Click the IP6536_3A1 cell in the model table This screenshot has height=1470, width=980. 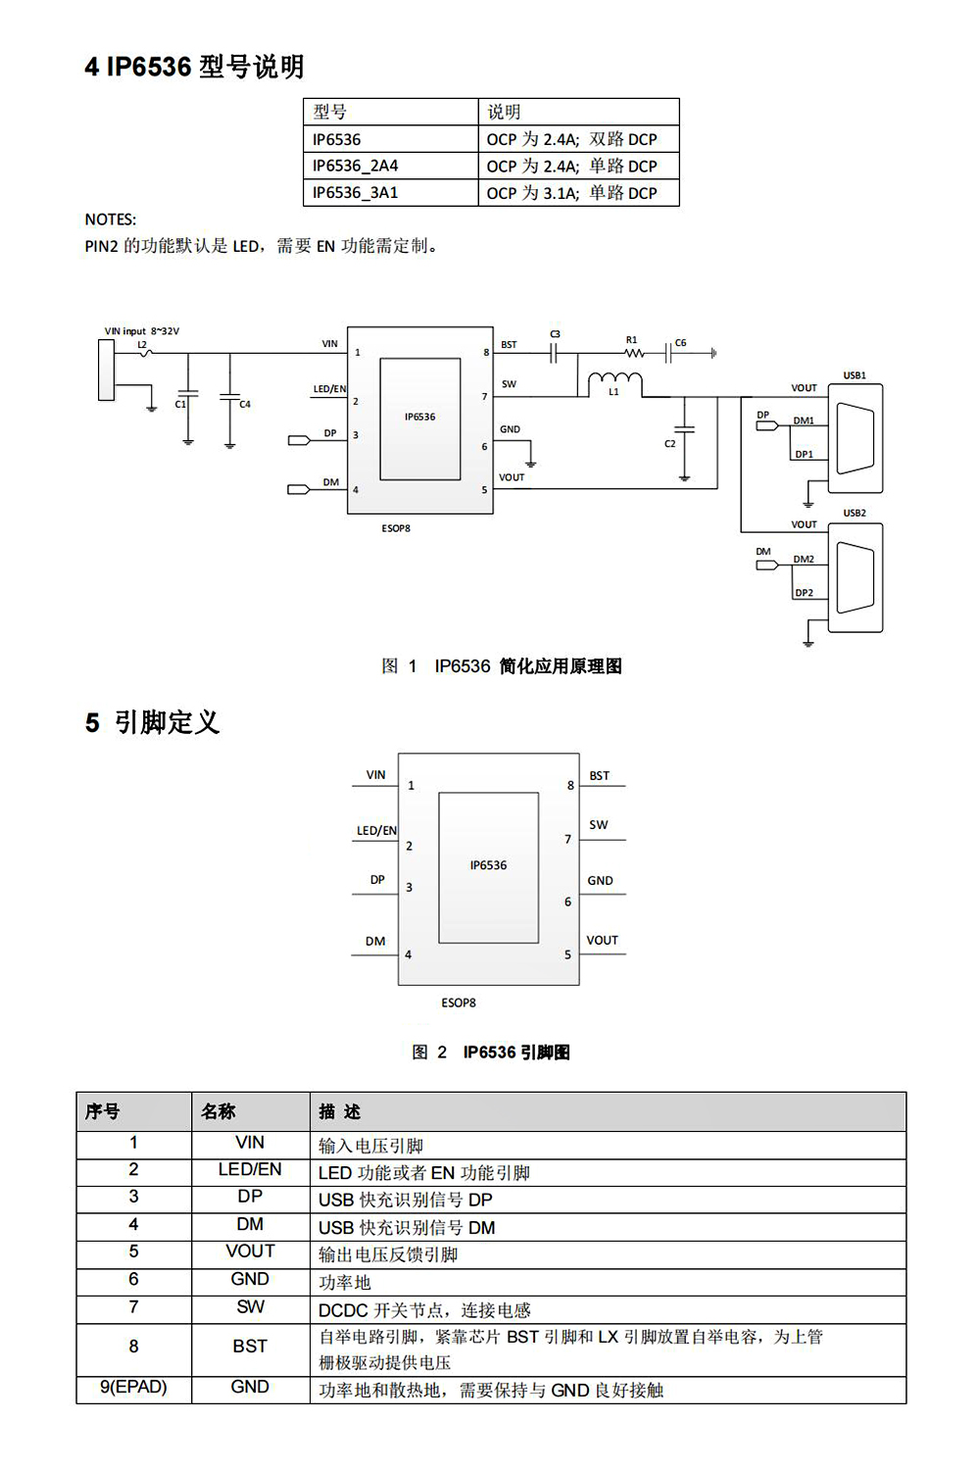coord(356,193)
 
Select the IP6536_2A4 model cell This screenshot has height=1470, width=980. coord(356,166)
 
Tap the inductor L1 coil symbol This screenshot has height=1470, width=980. coord(614,382)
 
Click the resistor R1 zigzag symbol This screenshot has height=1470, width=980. coord(634,353)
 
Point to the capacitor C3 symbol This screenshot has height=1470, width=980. coord(554,351)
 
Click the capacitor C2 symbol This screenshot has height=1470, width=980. coord(685,429)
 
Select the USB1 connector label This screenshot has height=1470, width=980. coord(855,375)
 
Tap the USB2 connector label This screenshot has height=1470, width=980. coord(855,513)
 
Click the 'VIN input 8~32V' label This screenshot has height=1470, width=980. coord(142,331)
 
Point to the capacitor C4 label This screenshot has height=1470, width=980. coord(245,404)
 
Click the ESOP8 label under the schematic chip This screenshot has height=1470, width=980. coord(396,528)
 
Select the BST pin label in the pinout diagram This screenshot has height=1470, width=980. coord(599,776)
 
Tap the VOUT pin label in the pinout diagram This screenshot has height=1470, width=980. coord(602,941)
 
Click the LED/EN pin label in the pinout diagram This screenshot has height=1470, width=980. coord(376,831)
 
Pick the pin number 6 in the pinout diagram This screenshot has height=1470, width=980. coord(567,902)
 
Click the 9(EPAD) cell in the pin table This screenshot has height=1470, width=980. coord(133,1388)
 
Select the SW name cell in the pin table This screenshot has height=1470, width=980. coord(250,1307)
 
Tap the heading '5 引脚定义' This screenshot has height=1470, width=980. coord(152,723)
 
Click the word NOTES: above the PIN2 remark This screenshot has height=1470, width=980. coord(111,220)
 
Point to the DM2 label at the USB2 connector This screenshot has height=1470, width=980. coord(804,560)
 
